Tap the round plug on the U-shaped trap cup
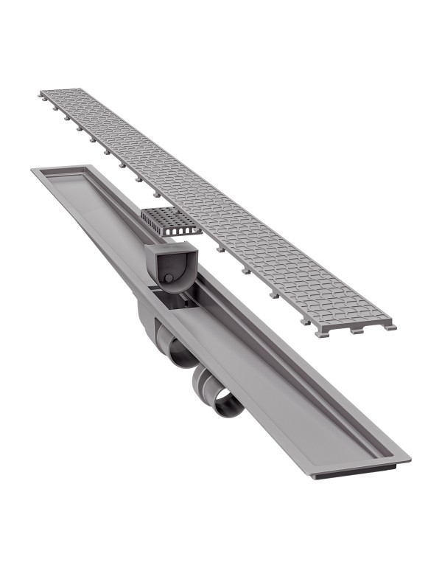pos(169,277)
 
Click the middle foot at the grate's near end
pos(357,331)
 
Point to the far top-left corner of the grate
pos(43,93)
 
